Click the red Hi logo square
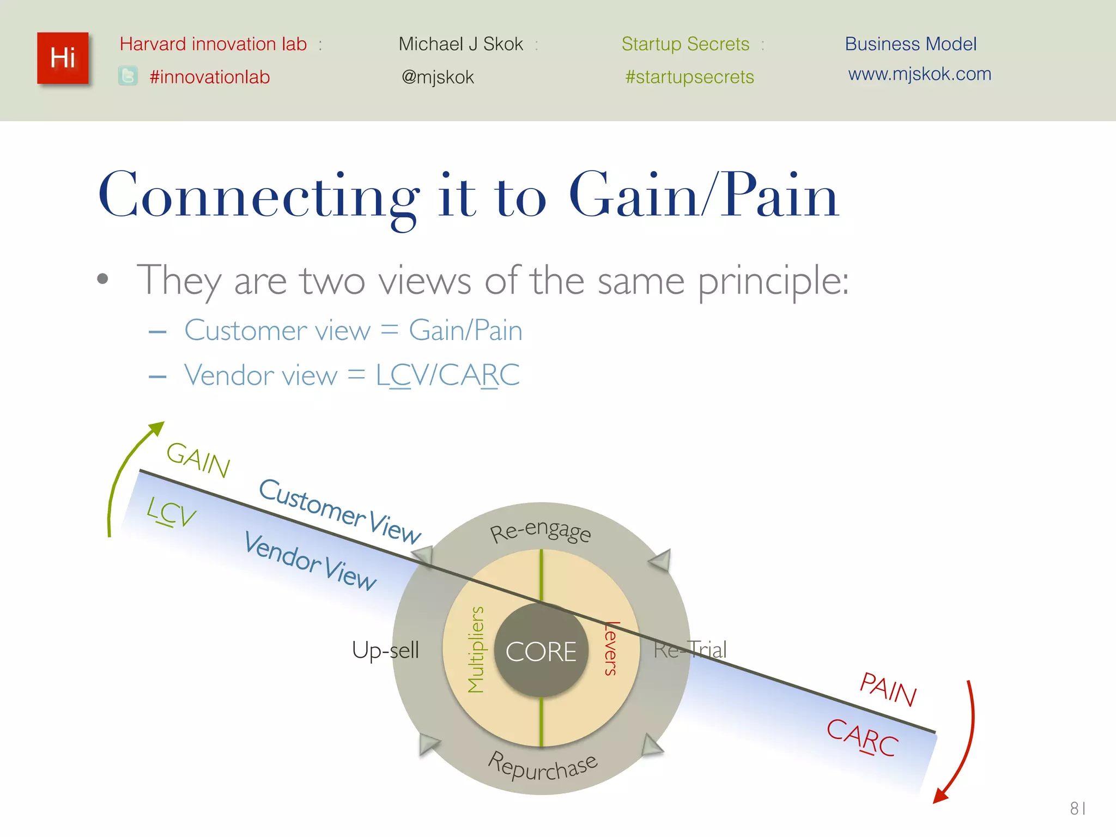(x=63, y=58)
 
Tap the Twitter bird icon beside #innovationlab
(x=128, y=76)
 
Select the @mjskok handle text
(x=438, y=77)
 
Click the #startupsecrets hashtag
(x=689, y=77)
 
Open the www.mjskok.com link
(x=919, y=74)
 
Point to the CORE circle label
(x=541, y=652)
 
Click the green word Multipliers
(x=476, y=650)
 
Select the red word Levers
(x=611, y=648)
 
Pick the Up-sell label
(x=385, y=650)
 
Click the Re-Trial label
(x=690, y=650)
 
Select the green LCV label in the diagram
(x=171, y=512)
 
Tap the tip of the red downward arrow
(x=935, y=801)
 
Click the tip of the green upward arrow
(x=162, y=423)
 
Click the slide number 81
(x=1077, y=808)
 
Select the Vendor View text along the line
(x=310, y=561)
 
